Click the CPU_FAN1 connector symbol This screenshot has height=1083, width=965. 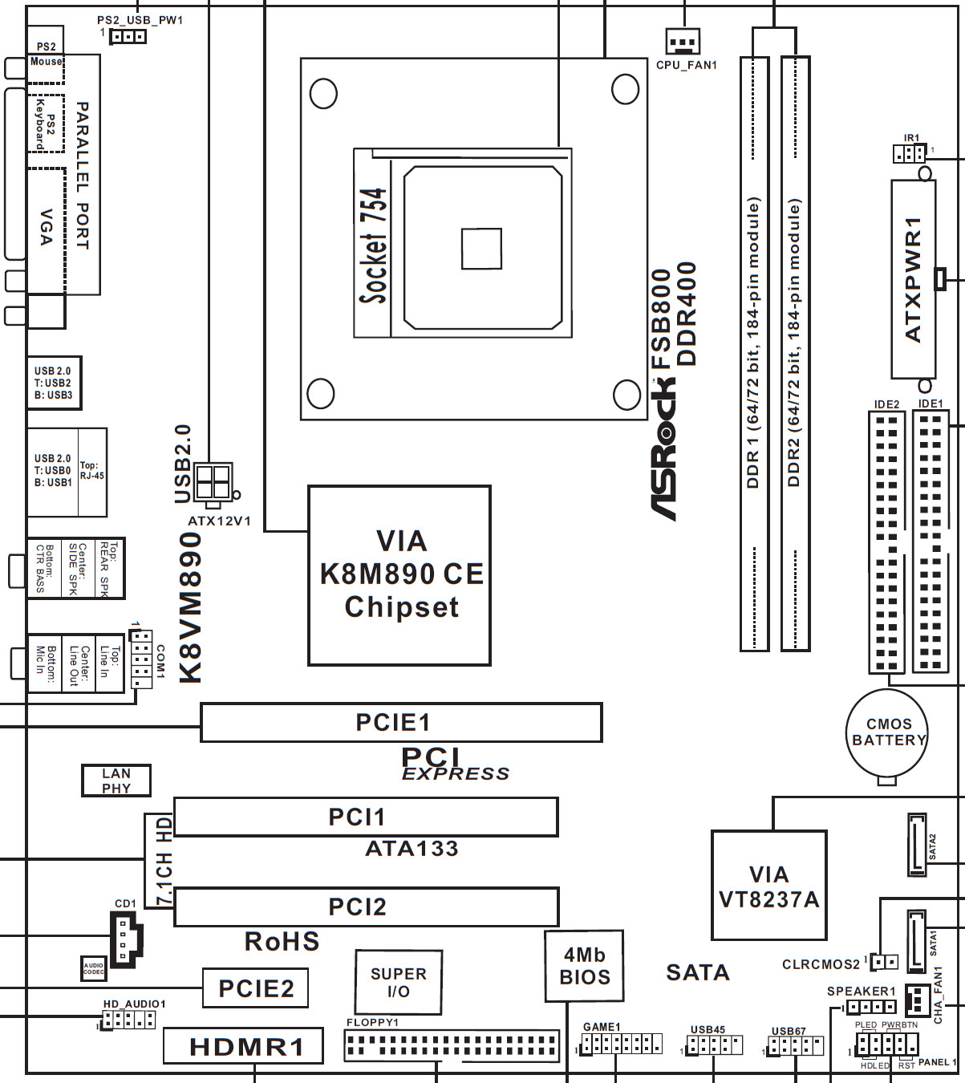tap(683, 39)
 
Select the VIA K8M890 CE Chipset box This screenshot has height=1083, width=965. tap(399, 575)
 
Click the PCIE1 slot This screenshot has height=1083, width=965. tap(401, 722)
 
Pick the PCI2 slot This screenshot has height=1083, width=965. tap(367, 907)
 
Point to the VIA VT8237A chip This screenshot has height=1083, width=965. tap(768, 886)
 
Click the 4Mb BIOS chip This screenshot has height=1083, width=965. tap(584, 966)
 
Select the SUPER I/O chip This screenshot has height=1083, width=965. tap(398, 982)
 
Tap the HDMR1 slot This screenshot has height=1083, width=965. tap(244, 1046)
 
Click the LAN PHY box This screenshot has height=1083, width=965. tap(116, 781)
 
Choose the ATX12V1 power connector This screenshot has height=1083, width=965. tap(213, 483)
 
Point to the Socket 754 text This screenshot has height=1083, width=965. tap(374, 245)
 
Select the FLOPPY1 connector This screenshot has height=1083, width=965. tap(452, 1046)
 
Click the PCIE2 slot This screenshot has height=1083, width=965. tap(255, 988)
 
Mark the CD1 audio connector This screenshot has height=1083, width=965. tap(124, 938)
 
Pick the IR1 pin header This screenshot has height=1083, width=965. tap(909, 152)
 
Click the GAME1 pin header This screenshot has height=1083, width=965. tap(622, 1044)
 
